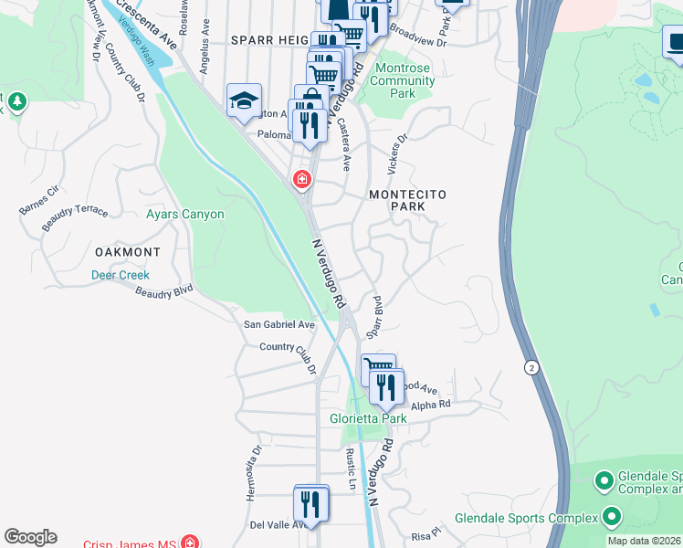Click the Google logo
click(x=30, y=537)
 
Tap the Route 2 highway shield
click(x=531, y=367)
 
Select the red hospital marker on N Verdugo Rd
click(x=300, y=181)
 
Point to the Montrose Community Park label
click(x=402, y=87)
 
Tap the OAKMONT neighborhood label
click(x=128, y=251)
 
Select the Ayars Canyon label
click(x=185, y=215)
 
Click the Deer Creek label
click(x=120, y=275)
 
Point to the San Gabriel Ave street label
click(x=278, y=324)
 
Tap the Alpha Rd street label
click(x=431, y=404)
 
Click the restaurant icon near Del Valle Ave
click(x=311, y=504)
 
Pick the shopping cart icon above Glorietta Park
click(x=378, y=370)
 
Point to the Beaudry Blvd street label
click(x=164, y=292)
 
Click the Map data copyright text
click(x=644, y=541)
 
